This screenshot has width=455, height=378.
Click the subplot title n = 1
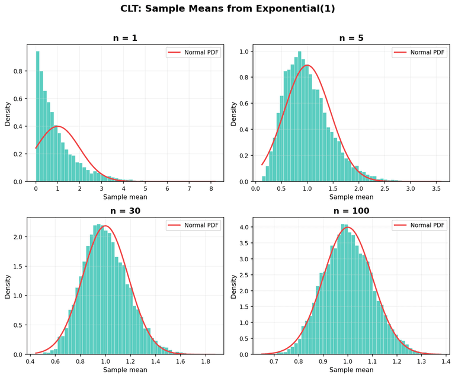pyautogui.click(x=125, y=38)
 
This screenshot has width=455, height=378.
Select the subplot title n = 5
pyautogui.click(x=351, y=38)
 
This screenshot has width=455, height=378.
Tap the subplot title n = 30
pyautogui.click(x=125, y=211)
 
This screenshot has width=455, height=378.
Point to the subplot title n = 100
pyautogui.click(x=351, y=211)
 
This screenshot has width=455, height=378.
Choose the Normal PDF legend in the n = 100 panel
pyautogui.click(x=419, y=225)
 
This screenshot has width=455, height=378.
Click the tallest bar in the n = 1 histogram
pyautogui.click(x=38, y=116)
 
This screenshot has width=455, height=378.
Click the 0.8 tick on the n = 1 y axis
pyautogui.click(x=18, y=71)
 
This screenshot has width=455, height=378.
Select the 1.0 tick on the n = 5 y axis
pyautogui.click(x=244, y=52)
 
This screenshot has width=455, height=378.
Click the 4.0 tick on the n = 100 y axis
pyautogui.click(x=244, y=227)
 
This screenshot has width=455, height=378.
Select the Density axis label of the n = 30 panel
pyautogui.click(x=8, y=286)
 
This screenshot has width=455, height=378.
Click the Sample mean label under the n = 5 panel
pyautogui.click(x=351, y=197)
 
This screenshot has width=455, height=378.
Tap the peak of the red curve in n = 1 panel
pyautogui.click(x=57, y=126)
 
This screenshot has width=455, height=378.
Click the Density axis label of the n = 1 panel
pyautogui.click(x=8, y=113)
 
